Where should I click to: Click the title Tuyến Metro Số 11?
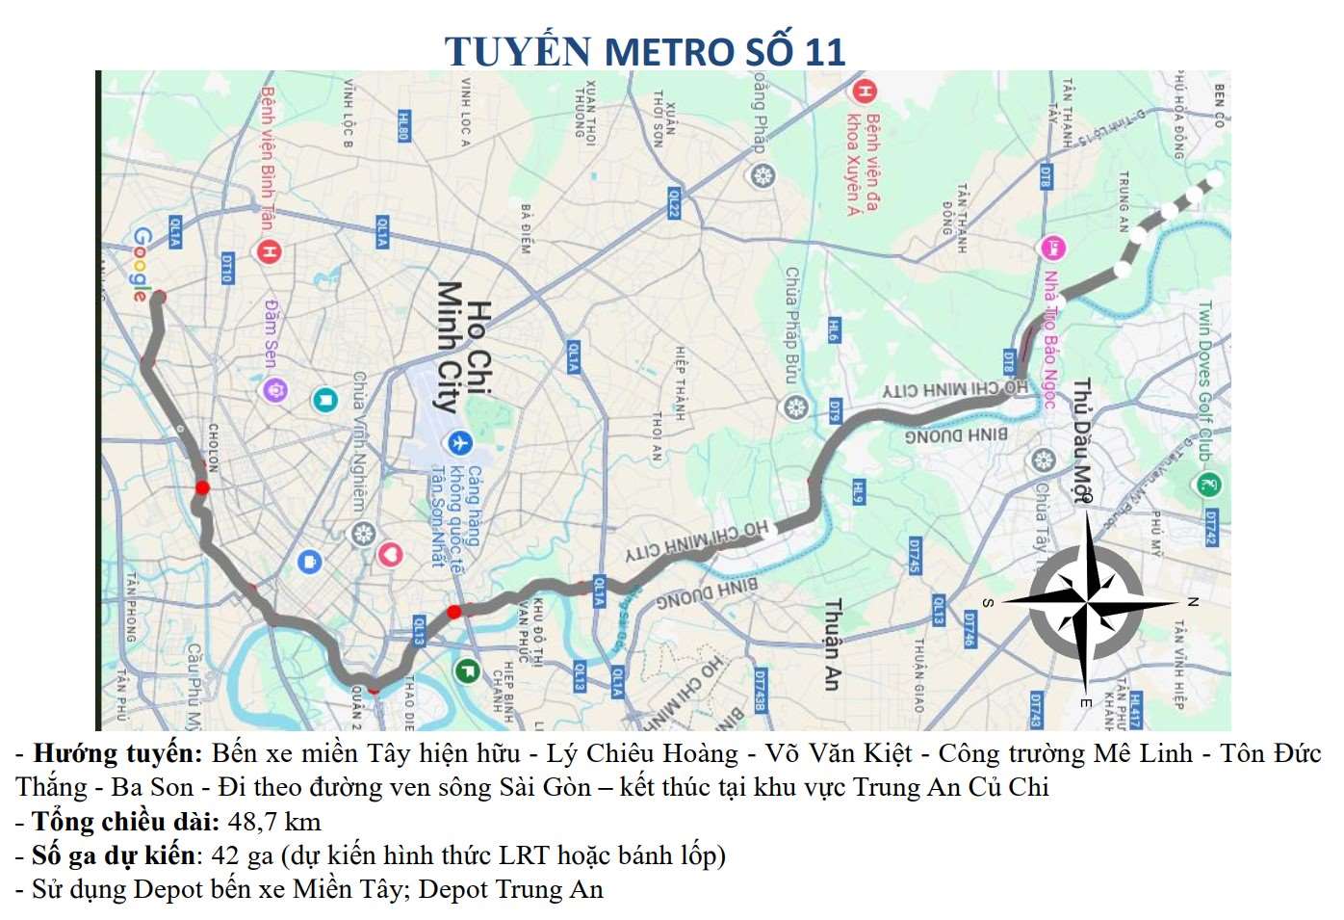tap(644, 51)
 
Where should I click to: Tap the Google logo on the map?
tap(142, 264)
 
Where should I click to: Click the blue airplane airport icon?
tap(459, 442)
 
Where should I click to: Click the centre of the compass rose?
tap(1085, 603)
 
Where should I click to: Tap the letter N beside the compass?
tap(1192, 602)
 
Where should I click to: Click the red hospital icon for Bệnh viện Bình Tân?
tap(268, 251)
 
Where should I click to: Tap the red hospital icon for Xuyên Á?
tap(864, 92)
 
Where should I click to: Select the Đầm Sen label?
tap(271, 331)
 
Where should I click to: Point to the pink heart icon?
tap(389, 554)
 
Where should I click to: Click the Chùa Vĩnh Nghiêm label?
tap(358, 441)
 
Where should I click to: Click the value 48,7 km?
tap(274, 822)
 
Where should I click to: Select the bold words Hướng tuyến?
tap(117, 753)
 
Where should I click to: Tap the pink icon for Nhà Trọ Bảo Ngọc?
tap(1052, 248)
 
